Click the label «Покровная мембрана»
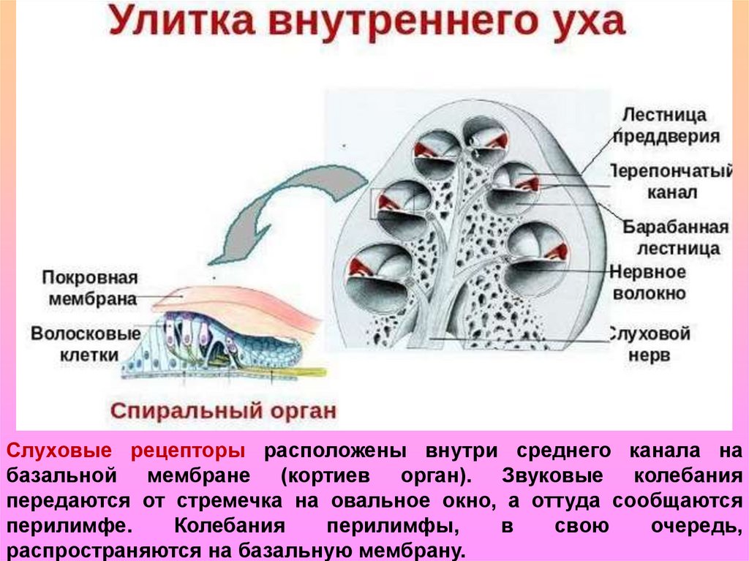[x=90, y=288]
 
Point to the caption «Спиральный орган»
[x=223, y=410]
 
